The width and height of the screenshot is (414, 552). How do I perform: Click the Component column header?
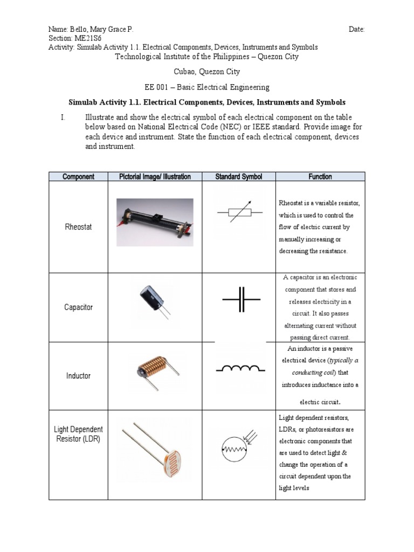pyautogui.click(x=78, y=176)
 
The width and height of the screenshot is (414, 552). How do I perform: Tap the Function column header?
pyautogui.click(x=320, y=176)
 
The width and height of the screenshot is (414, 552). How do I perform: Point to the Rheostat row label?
pyautogui.click(x=78, y=227)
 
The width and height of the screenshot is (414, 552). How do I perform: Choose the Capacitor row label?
pyautogui.click(x=78, y=307)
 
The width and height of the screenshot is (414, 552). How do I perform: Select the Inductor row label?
pyautogui.click(x=78, y=376)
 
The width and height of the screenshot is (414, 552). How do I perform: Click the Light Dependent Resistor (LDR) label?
pyautogui.click(x=78, y=434)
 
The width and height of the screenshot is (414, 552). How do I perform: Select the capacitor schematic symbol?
pyautogui.click(x=240, y=299)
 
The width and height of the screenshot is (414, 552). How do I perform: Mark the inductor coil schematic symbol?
pyautogui.click(x=240, y=369)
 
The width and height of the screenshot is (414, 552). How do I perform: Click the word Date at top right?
pyautogui.click(x=356, y=29)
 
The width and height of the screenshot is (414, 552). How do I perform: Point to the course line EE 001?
pyautogui.click(x=207, y=87)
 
